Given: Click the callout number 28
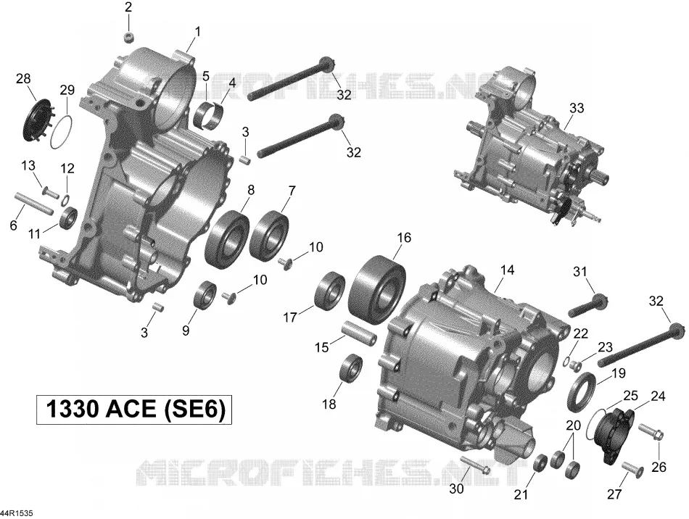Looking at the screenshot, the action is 23,79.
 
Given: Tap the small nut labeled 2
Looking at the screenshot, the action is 128,38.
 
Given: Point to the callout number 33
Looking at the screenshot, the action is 577,107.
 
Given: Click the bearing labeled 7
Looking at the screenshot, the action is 269,233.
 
